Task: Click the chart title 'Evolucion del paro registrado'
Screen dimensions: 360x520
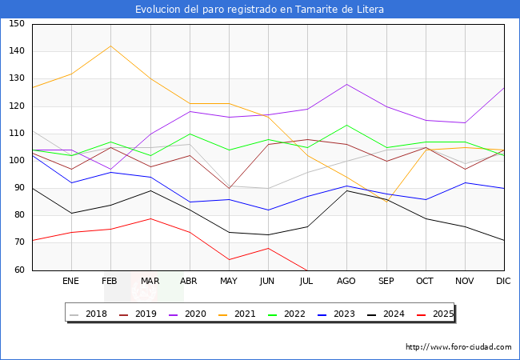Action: (259, 10)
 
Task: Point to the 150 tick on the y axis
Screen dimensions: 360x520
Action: (17, 24)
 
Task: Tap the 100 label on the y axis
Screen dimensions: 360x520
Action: (17, 161)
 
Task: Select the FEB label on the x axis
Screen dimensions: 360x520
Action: (110, 282)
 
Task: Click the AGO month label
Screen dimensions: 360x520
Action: (346, 282)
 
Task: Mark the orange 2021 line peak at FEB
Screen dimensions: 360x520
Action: (110, 46)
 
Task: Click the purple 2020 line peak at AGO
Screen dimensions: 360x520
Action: (346, 84)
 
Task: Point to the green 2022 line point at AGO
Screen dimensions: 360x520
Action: (346, 125)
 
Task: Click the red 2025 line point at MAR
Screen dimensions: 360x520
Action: (150, 218)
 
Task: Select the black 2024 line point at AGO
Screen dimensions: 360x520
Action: (346, 190)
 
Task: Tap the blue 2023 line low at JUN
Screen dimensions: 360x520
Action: (268, 210)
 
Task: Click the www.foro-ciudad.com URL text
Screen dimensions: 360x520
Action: (458, 347)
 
